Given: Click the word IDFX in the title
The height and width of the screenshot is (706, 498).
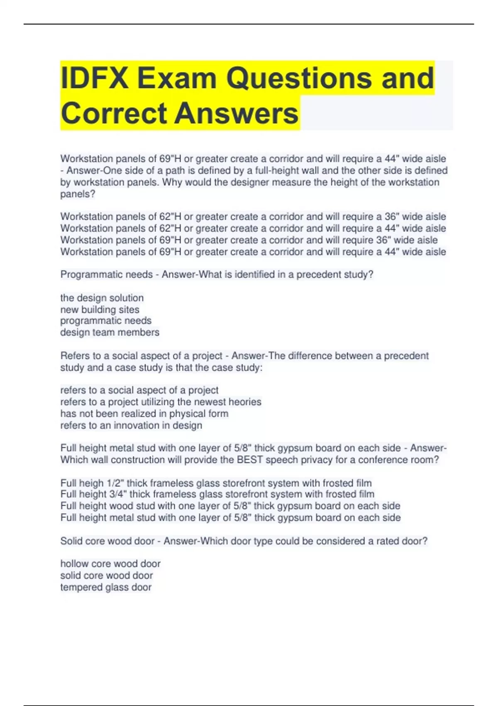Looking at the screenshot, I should click(95, 78).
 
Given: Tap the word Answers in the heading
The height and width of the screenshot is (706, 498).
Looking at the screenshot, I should click(236, 113).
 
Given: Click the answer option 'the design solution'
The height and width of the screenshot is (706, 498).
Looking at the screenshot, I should click(102, 298).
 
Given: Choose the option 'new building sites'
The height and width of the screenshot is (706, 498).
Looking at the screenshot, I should click(100, 309).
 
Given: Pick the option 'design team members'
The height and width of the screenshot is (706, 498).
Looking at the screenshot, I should click(110, 332).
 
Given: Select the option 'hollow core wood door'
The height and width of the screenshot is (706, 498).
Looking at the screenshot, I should click(110, 564).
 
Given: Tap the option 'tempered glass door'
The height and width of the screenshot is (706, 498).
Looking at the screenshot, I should click(106, 587).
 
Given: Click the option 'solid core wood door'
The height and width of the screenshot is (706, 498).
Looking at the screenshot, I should click(107, 576).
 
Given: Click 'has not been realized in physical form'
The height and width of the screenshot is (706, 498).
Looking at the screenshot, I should click(144, 414).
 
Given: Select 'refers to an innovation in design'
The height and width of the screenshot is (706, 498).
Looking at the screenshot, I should click(131, 425).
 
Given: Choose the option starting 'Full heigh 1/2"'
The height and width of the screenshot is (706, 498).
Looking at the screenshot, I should click(216, 483).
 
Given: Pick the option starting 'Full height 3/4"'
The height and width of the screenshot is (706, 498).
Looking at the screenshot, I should click(217, 494).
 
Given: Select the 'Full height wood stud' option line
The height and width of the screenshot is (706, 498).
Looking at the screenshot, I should click(230, 506).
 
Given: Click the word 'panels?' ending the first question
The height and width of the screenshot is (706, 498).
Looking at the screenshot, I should click(78, 194).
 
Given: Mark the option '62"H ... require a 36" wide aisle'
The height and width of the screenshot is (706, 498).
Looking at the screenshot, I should click(253, 216).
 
